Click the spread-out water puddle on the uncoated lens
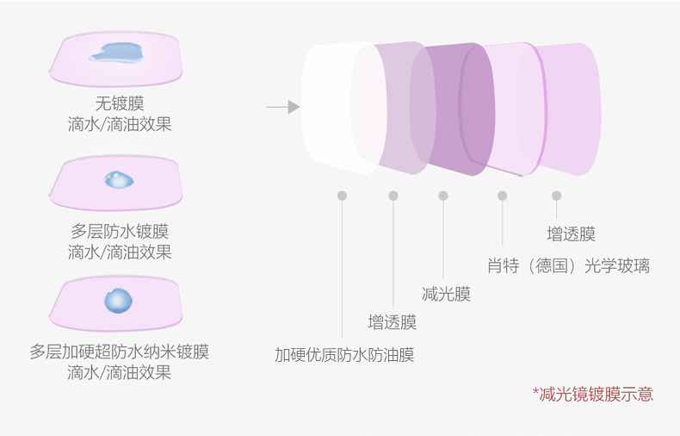116,53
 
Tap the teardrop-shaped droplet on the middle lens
119,180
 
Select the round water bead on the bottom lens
119,301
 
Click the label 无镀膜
120,103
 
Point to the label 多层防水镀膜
120,231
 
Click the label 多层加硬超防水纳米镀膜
120,352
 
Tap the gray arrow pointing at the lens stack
283,107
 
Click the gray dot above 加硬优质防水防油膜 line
343,196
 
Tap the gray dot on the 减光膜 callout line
443,196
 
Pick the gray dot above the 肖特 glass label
503,196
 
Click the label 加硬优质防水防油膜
345,355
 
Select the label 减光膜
446,294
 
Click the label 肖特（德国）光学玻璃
569,265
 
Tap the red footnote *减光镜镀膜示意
593,394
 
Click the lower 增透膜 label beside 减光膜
392,322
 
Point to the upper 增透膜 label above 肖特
572,234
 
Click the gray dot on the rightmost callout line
557,196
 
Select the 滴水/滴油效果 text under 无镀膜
120,124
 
